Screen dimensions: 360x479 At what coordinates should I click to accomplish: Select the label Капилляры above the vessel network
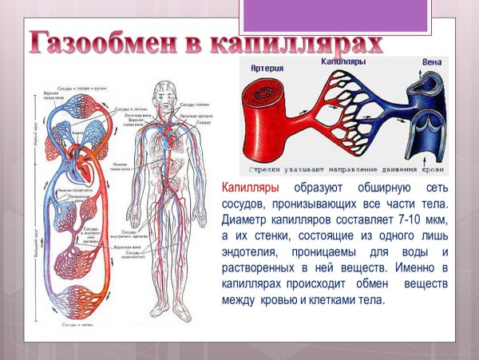(343, 61)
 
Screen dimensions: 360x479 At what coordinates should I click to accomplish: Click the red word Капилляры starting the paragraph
(251, 188)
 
